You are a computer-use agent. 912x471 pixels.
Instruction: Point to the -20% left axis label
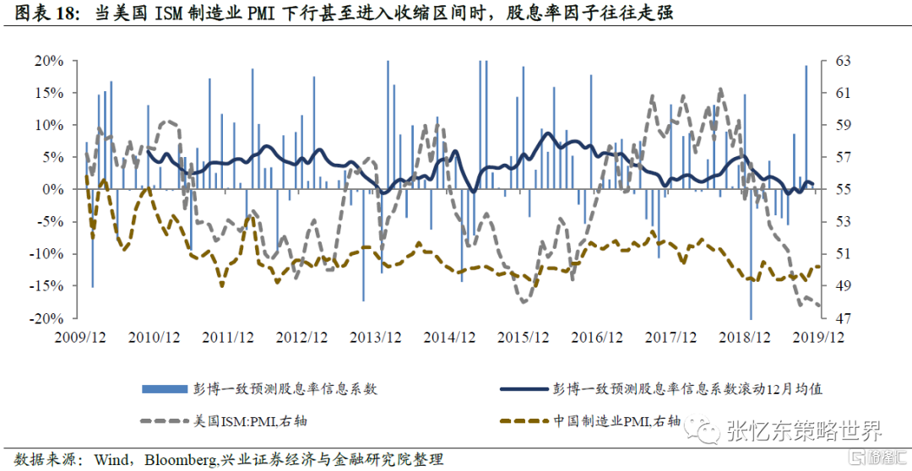point(49,318)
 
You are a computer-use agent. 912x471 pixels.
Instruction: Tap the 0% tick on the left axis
point(55,189)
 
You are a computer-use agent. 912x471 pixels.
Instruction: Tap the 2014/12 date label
point(450,338)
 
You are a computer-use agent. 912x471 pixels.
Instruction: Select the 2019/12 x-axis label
point(819,338)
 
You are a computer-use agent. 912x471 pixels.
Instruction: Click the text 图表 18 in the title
point(46,14)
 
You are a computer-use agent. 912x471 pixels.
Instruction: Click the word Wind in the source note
point(111,460)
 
